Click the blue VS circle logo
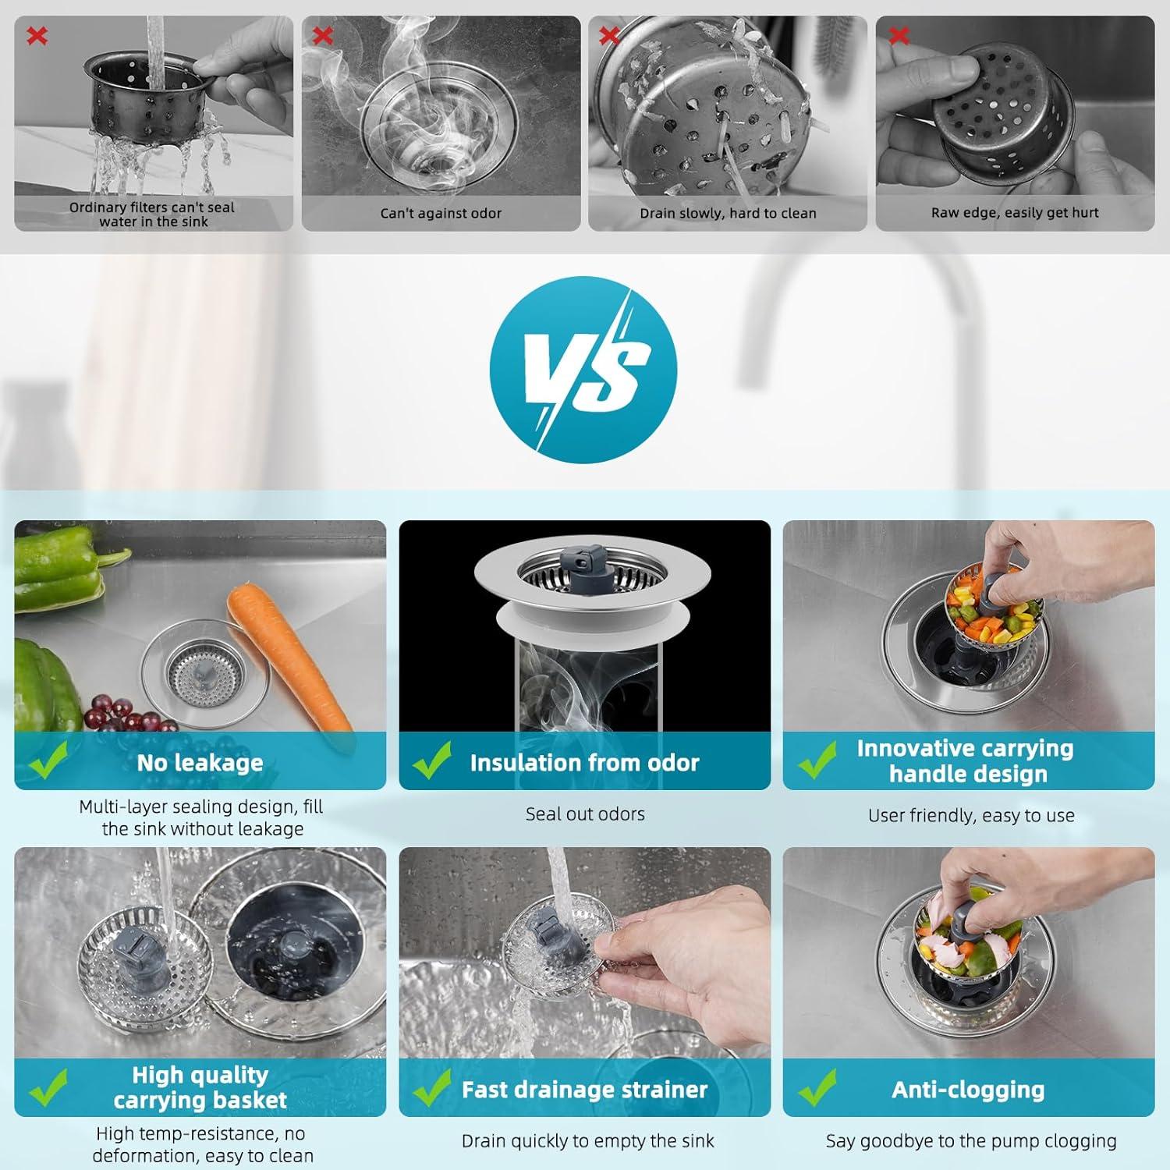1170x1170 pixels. (x=583, y=370)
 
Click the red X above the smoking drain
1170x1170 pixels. (x=323, y=35)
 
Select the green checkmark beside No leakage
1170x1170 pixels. (x=48, y=761)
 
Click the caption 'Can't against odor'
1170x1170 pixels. (x=441, y=213)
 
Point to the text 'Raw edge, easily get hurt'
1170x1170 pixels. (x=1014, y=212)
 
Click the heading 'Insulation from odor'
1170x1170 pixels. (x=584, y=762)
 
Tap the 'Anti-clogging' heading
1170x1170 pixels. (x=968, y=1089)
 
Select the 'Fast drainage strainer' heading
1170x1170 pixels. (x=584, y=1089)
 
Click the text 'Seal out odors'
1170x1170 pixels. (x=585, y=814)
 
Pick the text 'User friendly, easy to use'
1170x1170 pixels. (x=971, y=815)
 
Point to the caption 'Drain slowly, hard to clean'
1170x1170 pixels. (x=728, y=213)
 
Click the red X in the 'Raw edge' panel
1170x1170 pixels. (x=899, y=35)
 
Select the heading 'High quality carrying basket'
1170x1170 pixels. (x=200, y=1087)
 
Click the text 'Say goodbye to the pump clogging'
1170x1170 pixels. (x=971, y=1141)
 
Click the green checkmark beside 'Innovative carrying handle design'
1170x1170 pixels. (x=817, y=761)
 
